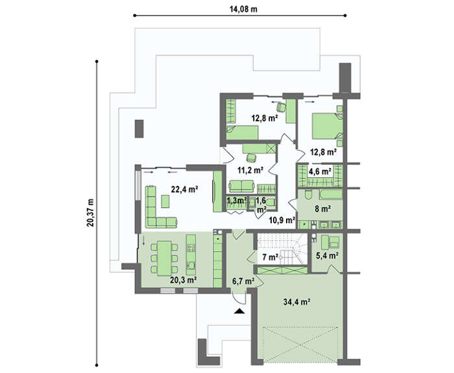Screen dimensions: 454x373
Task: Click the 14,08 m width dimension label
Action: point(243,9)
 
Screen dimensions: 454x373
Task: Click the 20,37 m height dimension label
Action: point(90,213)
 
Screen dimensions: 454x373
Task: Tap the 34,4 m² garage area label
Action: point(297,302)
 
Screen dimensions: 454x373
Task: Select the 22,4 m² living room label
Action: point(184,189)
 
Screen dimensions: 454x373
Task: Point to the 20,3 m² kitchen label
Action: point(184,280)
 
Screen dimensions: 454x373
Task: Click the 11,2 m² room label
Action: point(250,170)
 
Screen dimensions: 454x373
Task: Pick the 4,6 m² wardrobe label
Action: point(320,172)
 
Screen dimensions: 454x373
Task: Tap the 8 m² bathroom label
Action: point(323,208)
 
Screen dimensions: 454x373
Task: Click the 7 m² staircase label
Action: point(270,257)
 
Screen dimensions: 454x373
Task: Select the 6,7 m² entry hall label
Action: point(243,280)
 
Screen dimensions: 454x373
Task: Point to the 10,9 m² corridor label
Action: point(282,220)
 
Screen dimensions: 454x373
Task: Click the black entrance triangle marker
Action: point(239,311)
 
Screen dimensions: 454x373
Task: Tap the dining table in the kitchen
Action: point(164,258)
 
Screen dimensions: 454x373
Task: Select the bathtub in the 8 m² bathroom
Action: point(331,194)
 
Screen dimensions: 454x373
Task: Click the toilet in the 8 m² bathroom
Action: point(307,194)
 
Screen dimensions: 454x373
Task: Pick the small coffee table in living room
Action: point(165,202)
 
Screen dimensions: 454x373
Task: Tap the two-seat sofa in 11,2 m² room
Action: point(241,186)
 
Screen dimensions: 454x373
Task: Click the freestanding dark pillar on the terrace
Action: point(139,128)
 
